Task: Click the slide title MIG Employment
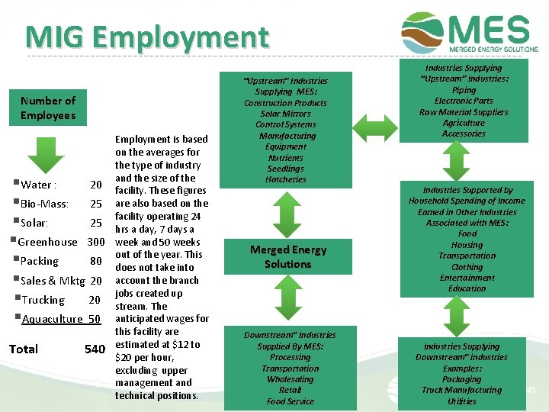click(x=146, y=37)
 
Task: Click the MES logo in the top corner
click(x=470, y=32)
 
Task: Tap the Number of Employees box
click(x=48, y=108)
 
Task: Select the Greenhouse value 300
click(x=95, y=242)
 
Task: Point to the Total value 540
click(x=95, y=349)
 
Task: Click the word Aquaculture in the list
click(x=52, y=319)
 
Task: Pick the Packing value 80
click(x=96, y=261)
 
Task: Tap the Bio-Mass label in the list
click(x=45, y=204)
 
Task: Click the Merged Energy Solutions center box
click(x=287, y=257)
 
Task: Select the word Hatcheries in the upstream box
click(x=286, y=179)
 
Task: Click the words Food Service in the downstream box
click(x=290, y=401)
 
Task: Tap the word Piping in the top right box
click(x=464, y=90)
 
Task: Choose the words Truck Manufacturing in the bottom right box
click(x=462, y=390)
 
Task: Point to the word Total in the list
click(x=24, y=349)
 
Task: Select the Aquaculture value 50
click(x=95, y=319)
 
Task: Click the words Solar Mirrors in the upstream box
click(x=286, y=114)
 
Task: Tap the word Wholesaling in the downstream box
click(x=290, y=379)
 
